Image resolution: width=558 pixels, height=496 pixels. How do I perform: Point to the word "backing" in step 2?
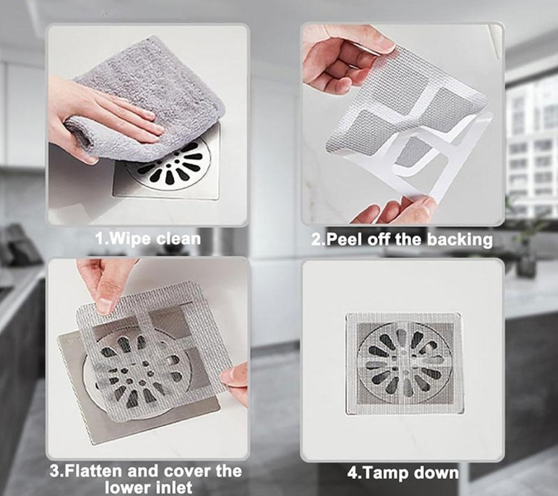click(x=460, y=239)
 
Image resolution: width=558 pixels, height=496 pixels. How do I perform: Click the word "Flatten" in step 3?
click(x=94, y=471)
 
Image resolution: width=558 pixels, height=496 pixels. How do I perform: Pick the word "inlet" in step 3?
click(x=173, y=487)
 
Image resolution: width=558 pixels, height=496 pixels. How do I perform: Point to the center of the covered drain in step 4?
click(x=405, y=364)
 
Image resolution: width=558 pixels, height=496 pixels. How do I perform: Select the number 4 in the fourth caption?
click(x=353, y=473)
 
